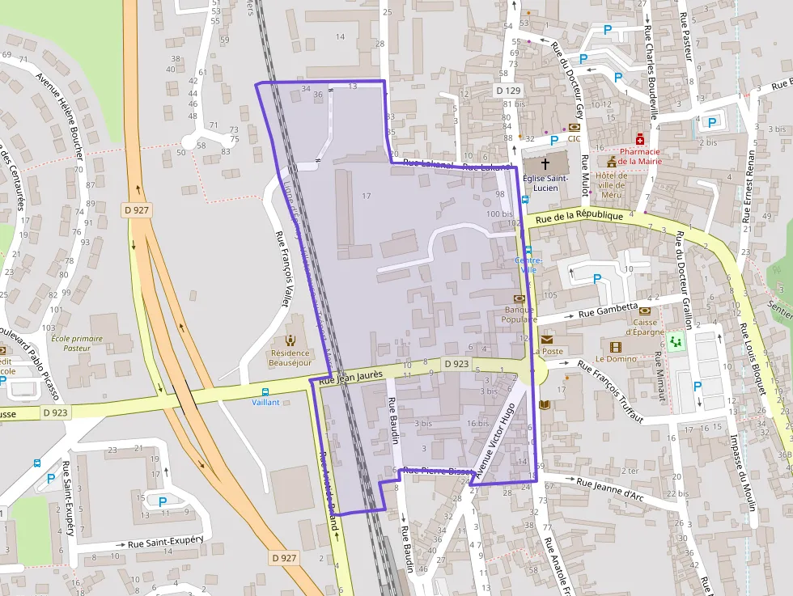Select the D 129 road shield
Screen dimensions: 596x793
(508, 91)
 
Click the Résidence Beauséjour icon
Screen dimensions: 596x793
(290, 340)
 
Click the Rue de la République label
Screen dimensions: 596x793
(579, 216)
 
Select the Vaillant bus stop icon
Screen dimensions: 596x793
(265, 391)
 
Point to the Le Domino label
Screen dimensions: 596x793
(617, 358)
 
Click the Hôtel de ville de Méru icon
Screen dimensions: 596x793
(611, 163)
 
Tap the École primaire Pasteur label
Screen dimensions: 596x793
(77, 343)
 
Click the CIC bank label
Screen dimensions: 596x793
(574, 138)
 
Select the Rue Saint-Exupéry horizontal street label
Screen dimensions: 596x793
(170, 542)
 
